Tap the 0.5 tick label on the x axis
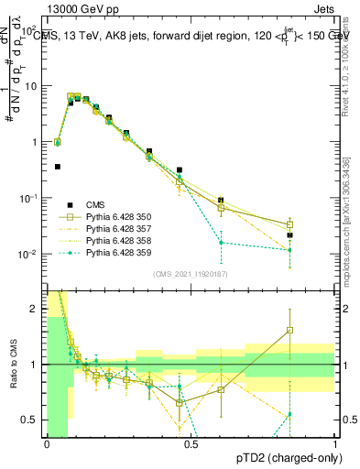point(191,444)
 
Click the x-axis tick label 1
point(336,444)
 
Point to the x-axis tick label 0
point(47,444)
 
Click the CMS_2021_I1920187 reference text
point(190,274)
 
